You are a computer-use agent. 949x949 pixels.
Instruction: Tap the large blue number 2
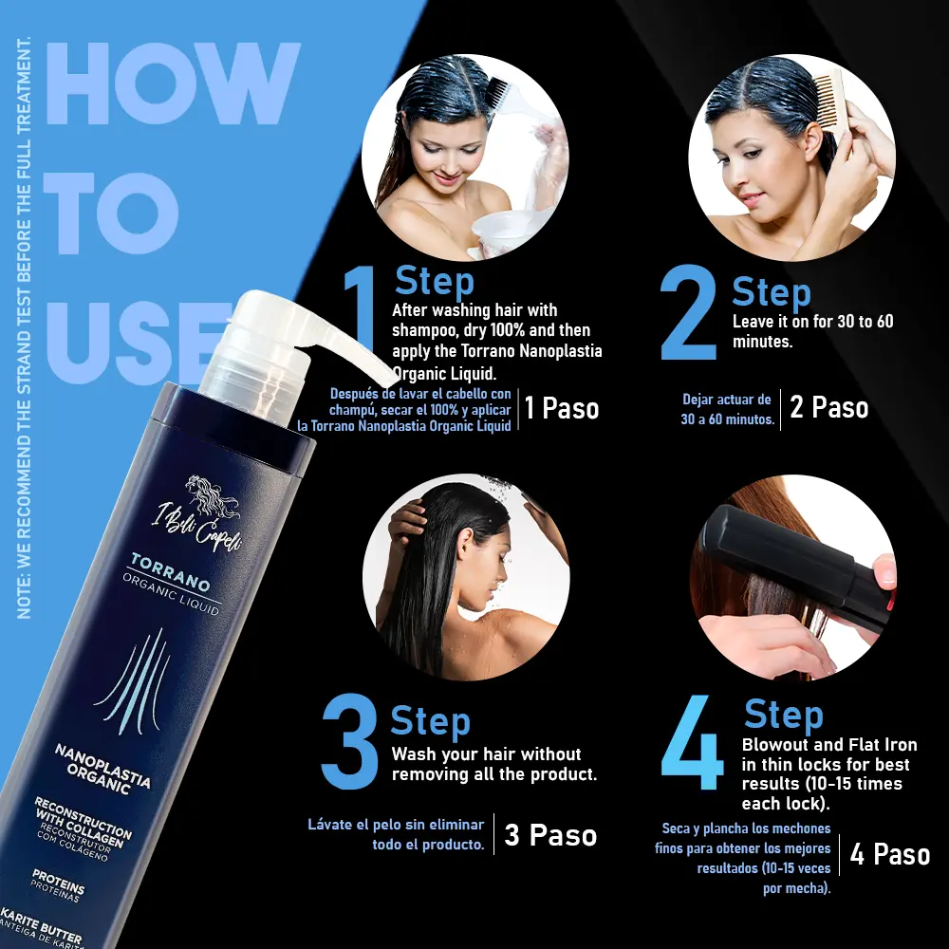689,313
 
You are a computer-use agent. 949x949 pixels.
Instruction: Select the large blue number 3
350,741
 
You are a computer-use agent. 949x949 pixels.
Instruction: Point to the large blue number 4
693,742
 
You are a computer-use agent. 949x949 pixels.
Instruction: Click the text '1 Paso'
562,408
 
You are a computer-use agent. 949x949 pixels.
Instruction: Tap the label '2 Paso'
829,407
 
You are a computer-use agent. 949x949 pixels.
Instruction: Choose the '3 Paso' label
550,835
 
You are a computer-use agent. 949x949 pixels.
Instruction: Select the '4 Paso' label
890,854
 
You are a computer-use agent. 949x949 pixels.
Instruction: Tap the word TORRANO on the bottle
170,572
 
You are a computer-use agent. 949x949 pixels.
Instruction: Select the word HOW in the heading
173,83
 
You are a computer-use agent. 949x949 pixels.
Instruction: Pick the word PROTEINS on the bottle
58,882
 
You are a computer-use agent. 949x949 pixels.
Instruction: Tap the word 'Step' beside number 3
430,721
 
